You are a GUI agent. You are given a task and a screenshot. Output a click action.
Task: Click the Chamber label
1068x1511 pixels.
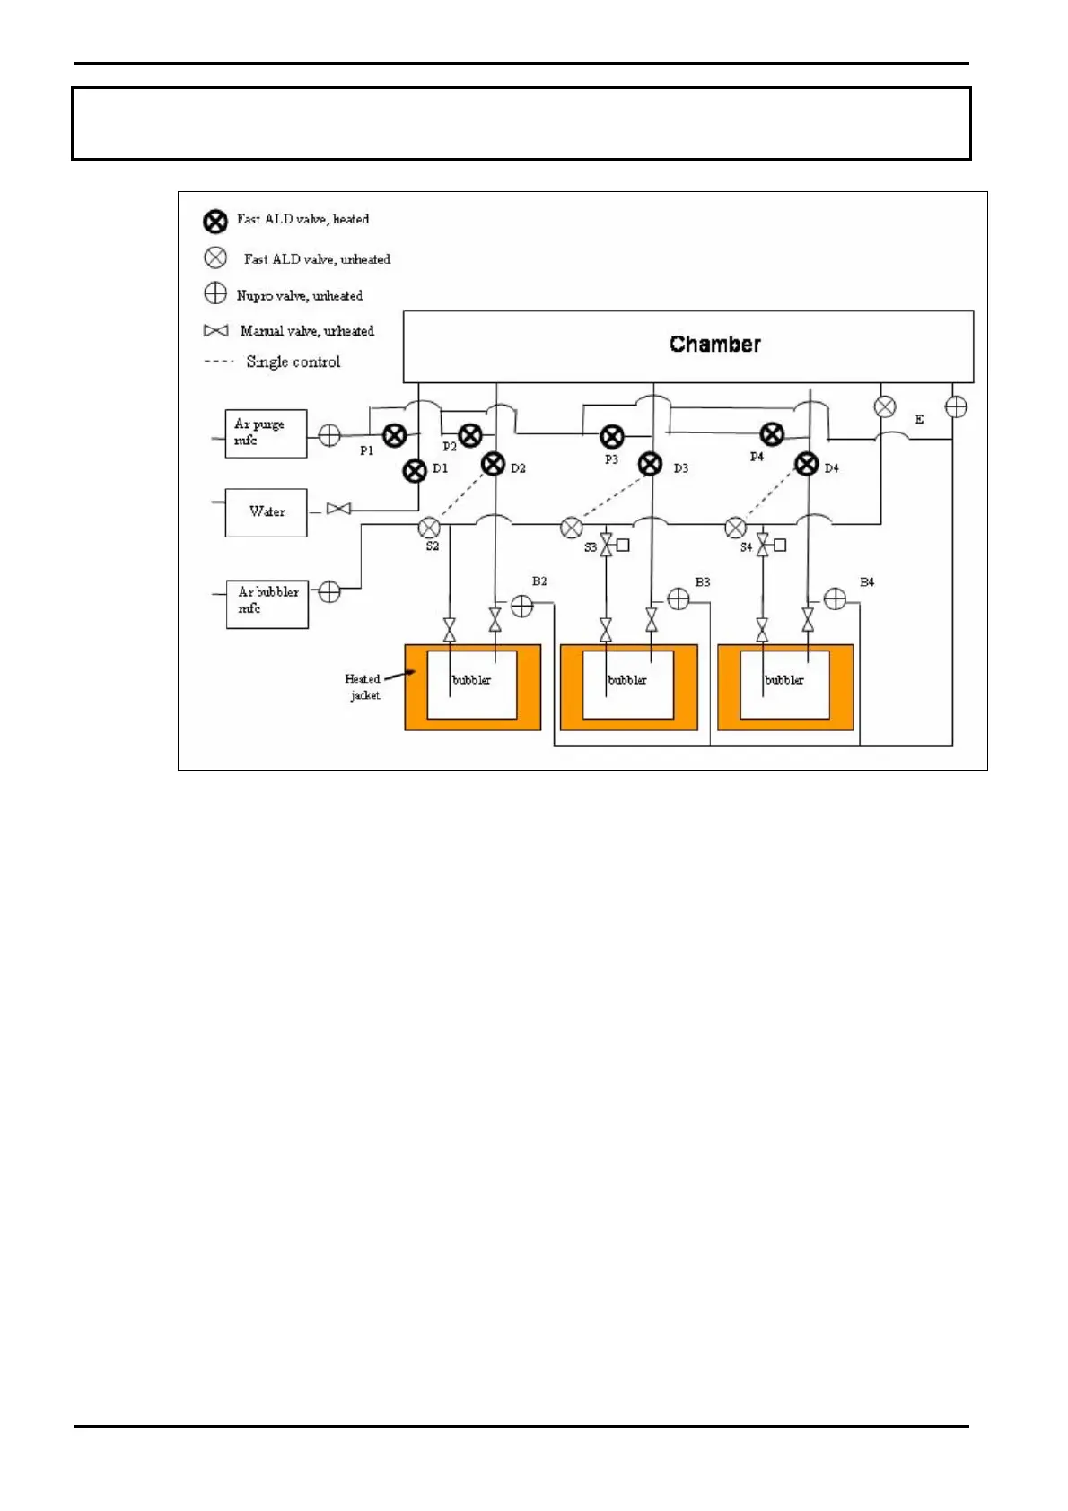point(714,344)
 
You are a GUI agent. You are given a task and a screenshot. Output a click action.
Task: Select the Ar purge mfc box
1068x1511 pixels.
point(266,433)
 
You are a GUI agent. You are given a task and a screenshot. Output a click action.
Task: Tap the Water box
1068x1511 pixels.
point(266,512)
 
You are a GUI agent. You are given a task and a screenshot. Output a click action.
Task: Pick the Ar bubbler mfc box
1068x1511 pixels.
point(267,604)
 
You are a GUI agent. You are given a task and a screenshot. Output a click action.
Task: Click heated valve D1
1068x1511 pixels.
point(415,470)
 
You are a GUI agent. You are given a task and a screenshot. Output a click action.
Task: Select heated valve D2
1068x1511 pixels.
point(494,464)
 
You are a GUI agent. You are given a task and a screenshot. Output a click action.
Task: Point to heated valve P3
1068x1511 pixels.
point(612,437)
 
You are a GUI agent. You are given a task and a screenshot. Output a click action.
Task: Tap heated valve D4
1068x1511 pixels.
point(807,464)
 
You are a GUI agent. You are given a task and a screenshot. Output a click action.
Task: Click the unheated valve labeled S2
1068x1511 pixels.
point(429,528)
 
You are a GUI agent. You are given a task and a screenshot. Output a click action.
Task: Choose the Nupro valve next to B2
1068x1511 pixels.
point(521,607)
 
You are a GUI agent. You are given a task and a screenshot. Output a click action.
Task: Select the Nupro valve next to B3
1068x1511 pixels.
point(678,599)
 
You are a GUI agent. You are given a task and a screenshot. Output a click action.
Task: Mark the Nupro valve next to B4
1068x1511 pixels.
point(835,599)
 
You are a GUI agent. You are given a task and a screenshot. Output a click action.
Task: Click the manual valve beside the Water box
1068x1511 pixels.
point(338,510)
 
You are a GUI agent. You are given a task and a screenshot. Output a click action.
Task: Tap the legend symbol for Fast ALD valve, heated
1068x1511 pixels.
point(215,221)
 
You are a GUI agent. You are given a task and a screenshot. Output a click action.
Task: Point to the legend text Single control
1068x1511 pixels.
point(293,362)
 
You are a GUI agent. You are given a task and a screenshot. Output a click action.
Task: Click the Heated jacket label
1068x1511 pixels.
point(363,686)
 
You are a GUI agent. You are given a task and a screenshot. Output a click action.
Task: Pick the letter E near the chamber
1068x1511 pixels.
point(919,419)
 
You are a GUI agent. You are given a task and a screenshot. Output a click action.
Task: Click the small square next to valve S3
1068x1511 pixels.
point(623,545)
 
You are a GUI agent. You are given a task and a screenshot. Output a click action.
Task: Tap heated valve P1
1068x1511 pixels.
point(395,436)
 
